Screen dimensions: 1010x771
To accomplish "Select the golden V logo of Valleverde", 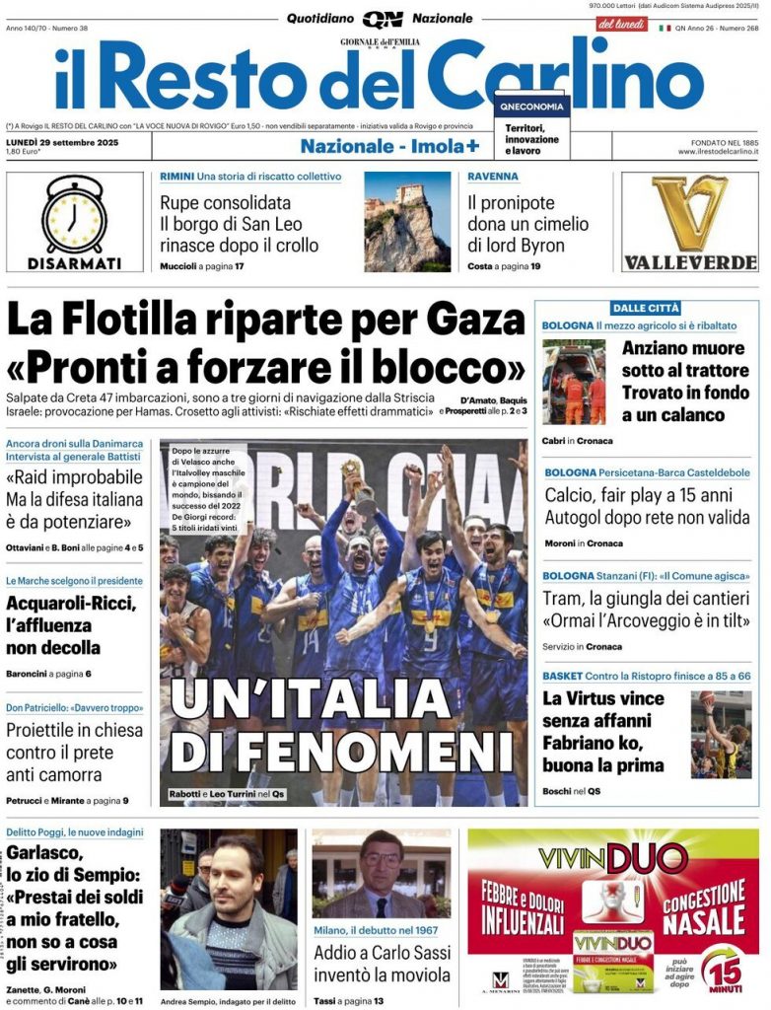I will click(689, 213).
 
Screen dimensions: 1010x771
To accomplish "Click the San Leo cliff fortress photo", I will click(407, 222).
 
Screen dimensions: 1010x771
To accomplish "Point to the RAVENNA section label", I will click(493, 177).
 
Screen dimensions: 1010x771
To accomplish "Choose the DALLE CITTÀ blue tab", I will click(647, 308).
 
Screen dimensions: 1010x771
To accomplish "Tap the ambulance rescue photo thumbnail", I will click(574, 383).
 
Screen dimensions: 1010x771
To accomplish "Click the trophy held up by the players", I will click(354, 483).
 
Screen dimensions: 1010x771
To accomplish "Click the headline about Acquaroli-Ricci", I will click(63, 625).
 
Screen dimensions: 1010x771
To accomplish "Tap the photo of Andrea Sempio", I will click(229, 907).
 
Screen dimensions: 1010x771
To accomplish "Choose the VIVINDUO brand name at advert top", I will click(612, 857).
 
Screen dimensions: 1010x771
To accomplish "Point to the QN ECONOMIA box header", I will click(532, 107).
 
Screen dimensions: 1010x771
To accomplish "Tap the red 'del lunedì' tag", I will click(621, 24).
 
